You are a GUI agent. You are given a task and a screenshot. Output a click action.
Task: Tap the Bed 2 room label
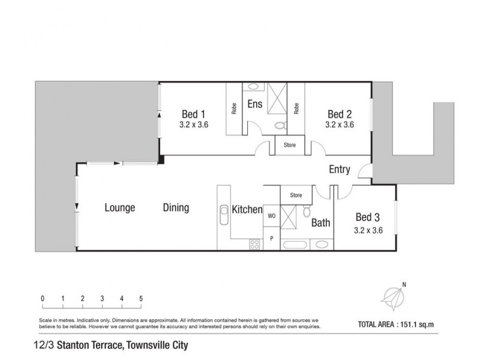[339, 114]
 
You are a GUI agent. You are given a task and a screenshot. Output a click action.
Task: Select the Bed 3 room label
[368, 217]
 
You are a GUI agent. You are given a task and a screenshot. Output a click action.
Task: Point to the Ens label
[254, 104]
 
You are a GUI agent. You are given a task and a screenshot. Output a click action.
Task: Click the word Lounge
[119, 208]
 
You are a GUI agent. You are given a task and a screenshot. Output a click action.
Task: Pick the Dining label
[176, 208]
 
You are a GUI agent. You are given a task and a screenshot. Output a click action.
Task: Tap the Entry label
[340, 169]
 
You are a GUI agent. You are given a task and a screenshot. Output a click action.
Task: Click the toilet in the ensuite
[279, 126]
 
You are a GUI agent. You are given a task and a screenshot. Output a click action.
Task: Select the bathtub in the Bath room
[295, 245]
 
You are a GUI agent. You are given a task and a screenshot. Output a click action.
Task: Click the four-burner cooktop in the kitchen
[254, 244]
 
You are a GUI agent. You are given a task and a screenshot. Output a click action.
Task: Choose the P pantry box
[271, 238]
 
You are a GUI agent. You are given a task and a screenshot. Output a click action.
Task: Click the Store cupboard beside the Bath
[295, 195]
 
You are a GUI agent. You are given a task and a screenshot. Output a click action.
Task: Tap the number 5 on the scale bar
[141, 298]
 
